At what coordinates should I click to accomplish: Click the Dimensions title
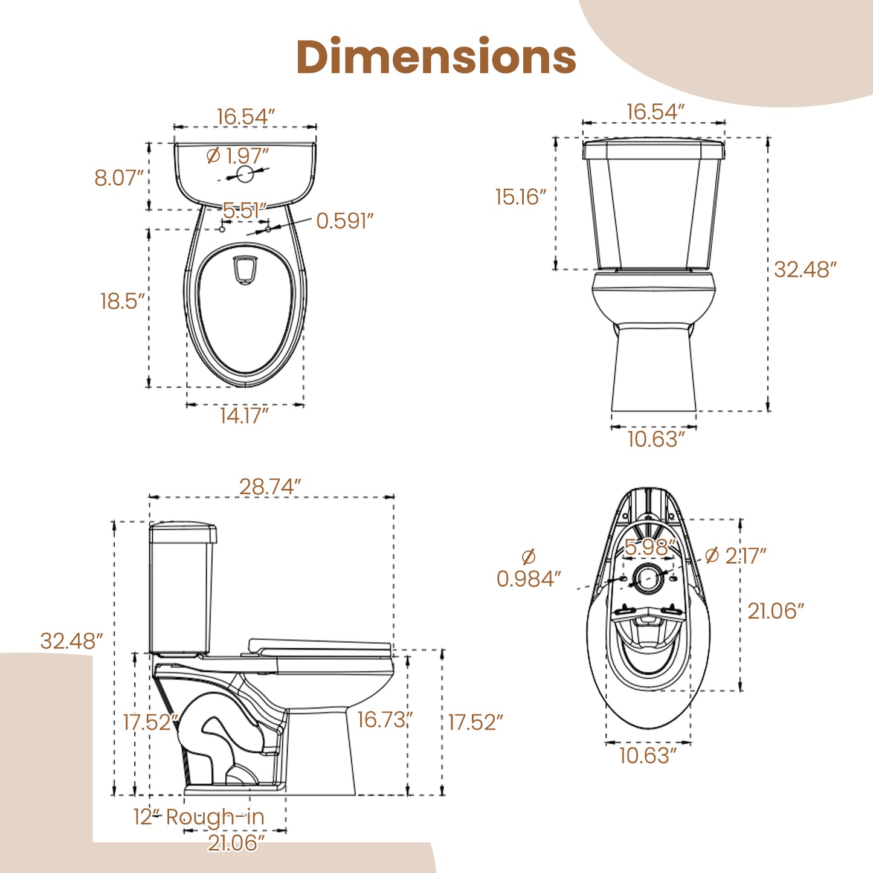click(x=436, y=57)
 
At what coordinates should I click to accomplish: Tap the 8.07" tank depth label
click(x=119, y=178)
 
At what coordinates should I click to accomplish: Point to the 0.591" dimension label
click(x=345, y=221)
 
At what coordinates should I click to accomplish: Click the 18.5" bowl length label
click(x=123, y=301)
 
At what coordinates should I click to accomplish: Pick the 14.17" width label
click(x=244, y=416)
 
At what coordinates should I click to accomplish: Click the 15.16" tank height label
click(x=521, y=197)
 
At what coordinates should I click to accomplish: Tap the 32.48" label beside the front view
click(x=805, y=269)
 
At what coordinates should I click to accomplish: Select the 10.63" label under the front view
click(x=656, y=439)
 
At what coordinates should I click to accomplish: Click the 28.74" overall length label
click(x=270, y=486)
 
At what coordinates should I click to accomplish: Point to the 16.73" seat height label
click(x=385, y=720)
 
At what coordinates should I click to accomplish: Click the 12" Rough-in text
click(x=199, y=817)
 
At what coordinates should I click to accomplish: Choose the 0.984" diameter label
click(x=529, y=579)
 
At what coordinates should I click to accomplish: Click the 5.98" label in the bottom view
click(x=649, y=547)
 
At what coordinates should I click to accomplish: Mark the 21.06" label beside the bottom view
click(x=776, y=611)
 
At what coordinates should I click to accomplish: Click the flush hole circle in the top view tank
click(x=245, y=174)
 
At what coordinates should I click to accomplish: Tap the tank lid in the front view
click(x=653, y=148)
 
